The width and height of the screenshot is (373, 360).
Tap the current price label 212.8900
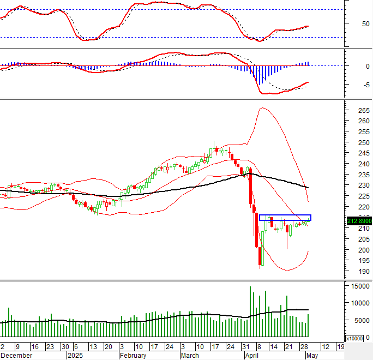point(359,221)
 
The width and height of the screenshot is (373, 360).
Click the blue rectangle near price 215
point(285,218)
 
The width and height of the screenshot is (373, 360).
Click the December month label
point(16,355)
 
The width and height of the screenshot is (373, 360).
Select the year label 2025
point(75,355)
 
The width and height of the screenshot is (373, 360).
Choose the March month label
point(190,355)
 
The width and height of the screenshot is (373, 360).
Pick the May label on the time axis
point(311,355)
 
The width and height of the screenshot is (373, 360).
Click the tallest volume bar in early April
point(250,311)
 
